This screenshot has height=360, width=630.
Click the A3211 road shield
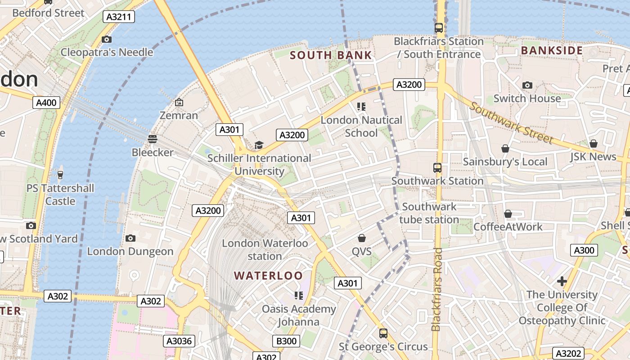point(119,17)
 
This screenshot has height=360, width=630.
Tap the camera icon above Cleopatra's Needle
point(107,40)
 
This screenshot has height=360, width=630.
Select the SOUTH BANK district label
point(331,55)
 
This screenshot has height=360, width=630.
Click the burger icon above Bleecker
point(153,139)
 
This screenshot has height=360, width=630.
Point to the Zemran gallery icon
point(179,103)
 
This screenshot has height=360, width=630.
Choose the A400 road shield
point(46,103)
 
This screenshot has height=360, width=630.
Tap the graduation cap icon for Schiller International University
point(259,145)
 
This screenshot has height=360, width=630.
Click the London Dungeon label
point(130,251)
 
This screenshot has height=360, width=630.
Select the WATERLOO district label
point(268,275)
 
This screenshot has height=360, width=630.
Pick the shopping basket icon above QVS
point(362,238)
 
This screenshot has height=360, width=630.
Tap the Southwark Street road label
point(511,122)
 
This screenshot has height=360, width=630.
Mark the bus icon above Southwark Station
point(437,168)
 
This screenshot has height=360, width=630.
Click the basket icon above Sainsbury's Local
point(505,148)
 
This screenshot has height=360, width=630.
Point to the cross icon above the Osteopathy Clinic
point(562,281)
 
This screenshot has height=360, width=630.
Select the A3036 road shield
point(179,341)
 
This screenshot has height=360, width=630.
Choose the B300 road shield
point(286,341)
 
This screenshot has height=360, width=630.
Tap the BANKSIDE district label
point(552,50)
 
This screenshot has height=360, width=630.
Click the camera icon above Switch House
point(527,85)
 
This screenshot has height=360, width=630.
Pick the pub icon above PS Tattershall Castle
point(60,175)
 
